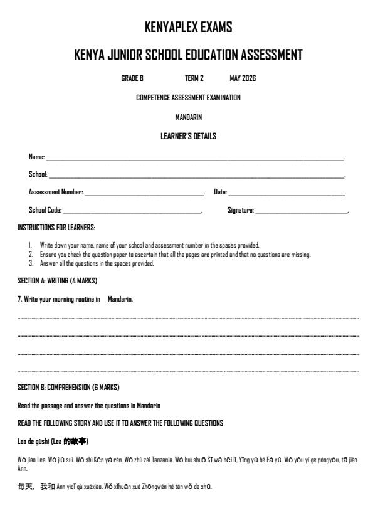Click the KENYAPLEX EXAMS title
coord(188,28)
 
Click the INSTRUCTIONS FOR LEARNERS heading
coord(56,228)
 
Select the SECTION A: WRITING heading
coord(57,281)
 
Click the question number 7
coord(19,300)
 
